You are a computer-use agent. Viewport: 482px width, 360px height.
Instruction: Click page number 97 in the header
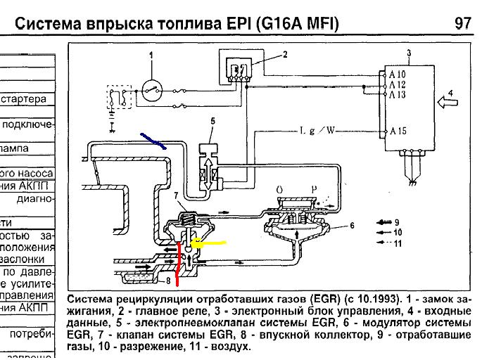click(x=462, y=23)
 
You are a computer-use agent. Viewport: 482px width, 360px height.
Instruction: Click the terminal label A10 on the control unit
click(x=397, y=74)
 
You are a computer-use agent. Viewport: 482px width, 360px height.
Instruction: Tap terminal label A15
click(x=397, y=131)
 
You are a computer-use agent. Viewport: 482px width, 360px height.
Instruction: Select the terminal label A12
click(x=397, y=84)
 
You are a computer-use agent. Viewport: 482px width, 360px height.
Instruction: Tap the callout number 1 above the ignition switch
click(x=151, y=54)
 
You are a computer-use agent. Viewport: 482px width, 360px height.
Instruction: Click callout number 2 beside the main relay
click(x=285, y=54)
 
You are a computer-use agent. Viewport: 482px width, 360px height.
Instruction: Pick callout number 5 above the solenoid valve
click(x=211, y=121)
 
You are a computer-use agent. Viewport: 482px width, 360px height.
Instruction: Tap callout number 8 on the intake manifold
click(x=168, y=280)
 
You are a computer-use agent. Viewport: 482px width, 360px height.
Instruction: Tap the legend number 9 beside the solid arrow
click(x=397, y=221)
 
